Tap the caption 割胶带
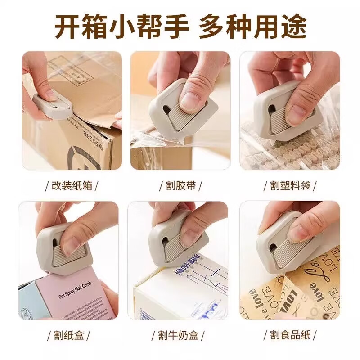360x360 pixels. coord(180,185)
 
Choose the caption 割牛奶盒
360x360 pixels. coord(180,335)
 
